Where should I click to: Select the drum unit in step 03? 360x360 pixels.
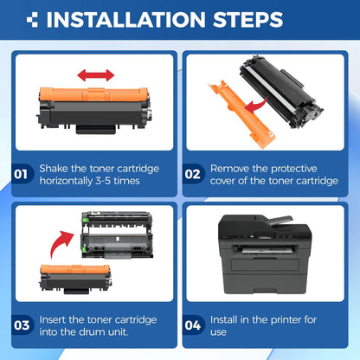pos(116,237)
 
